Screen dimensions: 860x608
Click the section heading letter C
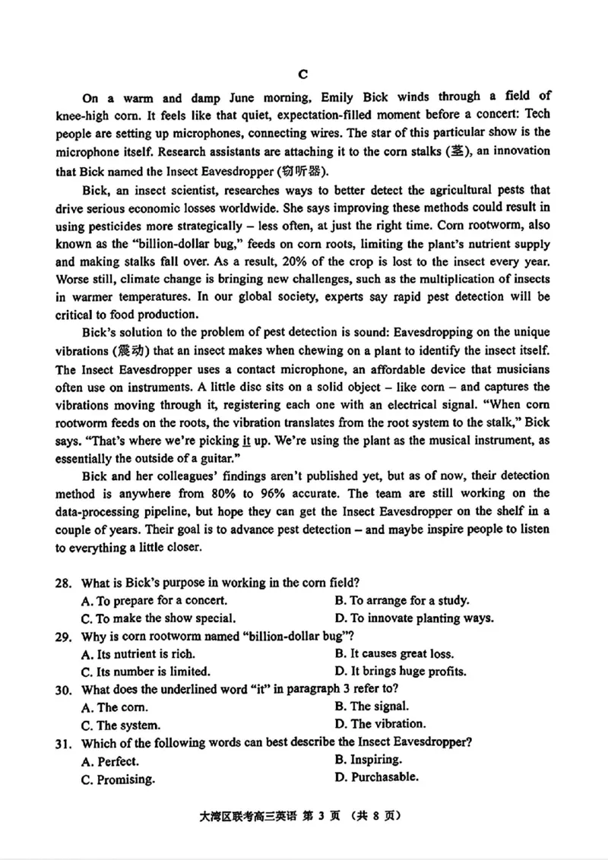click(x=302, y=74)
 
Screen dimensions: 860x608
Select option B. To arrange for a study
click(x=401, y=600)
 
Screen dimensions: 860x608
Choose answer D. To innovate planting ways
click(x=414, y=618)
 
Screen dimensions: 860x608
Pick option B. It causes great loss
click(x=394, y=653)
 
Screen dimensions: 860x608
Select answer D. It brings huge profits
click(x=400, y=672)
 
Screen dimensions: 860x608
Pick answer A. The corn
click(x=112, y=707)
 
